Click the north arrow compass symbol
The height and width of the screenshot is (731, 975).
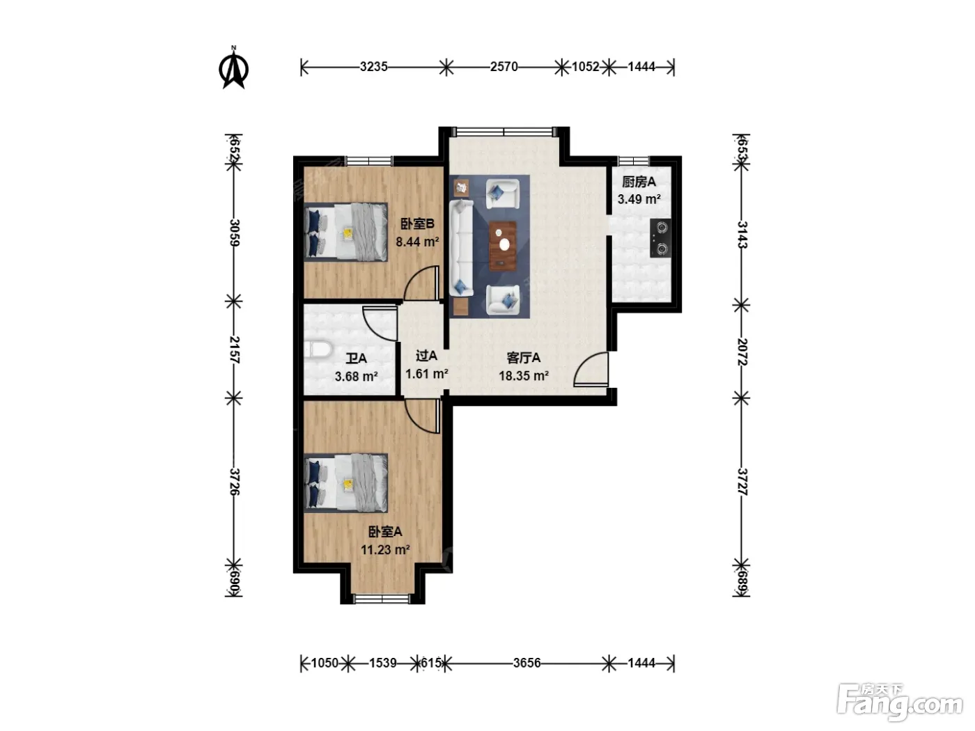pyautogui.click(x=233, y=68)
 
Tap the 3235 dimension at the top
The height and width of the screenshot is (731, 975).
pyautogui.click(x=373, y=67)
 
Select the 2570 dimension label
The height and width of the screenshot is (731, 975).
pyautogui.click(x=504, y=67)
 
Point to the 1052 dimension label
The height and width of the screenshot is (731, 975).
pyautogui.click(x=586, y=67)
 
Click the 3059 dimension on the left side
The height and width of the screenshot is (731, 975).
pyautogui.click(x=234, y=233)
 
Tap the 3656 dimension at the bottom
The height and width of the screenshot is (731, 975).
pyautogui.click(x=526, y=663)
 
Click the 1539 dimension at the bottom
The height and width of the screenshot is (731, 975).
pyautogui.click(x=383, y=663)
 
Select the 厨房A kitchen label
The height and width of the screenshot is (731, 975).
pyautogui.click(x=639, y=182)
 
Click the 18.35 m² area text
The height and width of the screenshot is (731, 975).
pyautogui.click(x=524, y=376)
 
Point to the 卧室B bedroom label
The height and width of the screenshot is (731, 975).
pyautogui.click(x=417, y=223)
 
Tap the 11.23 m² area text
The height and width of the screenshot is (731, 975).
pyautogui.click(x=385, y=550)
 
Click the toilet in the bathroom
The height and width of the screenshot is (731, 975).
pyautogui.click(x=318, y=349)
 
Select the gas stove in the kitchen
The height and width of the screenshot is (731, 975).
pyautogui.click(x=660, y=238)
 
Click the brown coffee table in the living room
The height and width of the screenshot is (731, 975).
pyautogui.click(x=503, y=246)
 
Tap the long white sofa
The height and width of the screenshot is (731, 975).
pyautogui.click(x=462, y=248)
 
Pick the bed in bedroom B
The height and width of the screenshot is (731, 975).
pyautogui.click(x=345, y=232)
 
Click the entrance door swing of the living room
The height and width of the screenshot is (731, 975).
pyautogui.click(x=591, y=369)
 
